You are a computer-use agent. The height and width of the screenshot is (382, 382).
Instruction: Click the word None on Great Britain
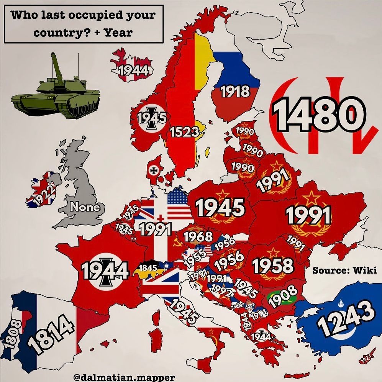click(x=84, y=207)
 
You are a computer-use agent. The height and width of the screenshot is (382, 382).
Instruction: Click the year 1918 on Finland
click(x=235, y=91)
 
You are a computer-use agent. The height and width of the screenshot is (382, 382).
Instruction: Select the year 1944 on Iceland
click(x=133, y=70)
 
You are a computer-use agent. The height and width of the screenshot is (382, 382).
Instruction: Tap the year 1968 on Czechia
click(x=198, y=236)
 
